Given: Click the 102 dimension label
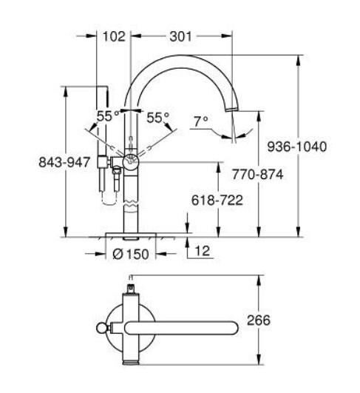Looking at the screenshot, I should coord(114,35).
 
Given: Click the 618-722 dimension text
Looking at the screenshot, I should coord(218,199).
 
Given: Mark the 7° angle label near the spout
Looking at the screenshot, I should coord(200,119).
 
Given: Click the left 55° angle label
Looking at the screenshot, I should coord(107,116).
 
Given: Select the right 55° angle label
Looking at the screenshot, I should coord(157,116).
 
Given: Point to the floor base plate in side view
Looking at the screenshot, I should coord(132,235).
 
